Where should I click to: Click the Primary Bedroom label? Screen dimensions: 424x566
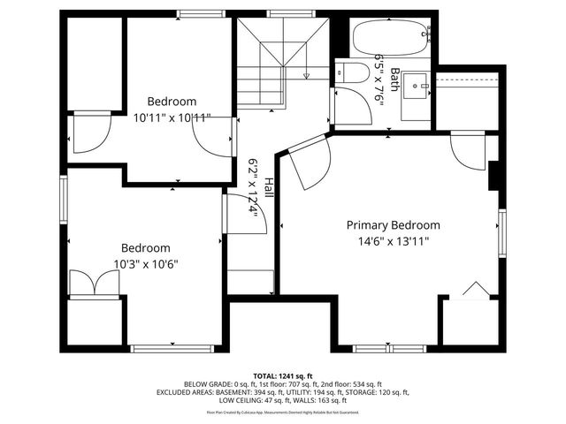pyautogui.click(x=392, y=225)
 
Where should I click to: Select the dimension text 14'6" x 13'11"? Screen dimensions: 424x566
pyautogui.click(x=392, y=241)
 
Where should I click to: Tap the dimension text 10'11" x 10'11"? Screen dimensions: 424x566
pyautogui.click(x=172, y=117)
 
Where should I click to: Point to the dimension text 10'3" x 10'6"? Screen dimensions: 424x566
pyautogui.click(x=146, y=263)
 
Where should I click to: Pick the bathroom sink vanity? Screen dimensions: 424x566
pyautogui.click(x=417, y=89)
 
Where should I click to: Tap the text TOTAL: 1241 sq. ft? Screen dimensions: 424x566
pyautogui.click(x=283, y=375)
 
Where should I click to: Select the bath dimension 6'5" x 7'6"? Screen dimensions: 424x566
pyautogui.click(x=381, y=80)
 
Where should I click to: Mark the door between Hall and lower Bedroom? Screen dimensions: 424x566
pyautogui.click(x=240, y=214)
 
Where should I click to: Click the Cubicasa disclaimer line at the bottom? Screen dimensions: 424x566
pyautogui.click(x=283, y=412)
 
